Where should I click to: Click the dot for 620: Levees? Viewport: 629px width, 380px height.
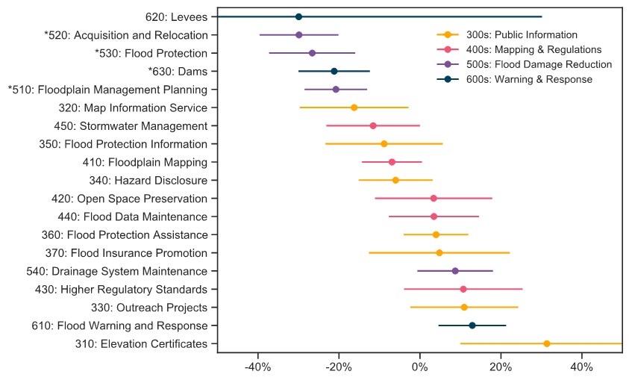298,17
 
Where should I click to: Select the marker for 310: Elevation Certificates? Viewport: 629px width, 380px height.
546,344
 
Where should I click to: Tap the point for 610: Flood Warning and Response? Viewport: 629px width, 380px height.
472,326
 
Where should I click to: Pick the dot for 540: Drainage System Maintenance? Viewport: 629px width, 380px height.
455,271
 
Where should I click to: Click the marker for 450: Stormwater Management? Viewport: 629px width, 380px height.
373,126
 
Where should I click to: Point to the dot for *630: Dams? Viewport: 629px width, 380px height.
334,72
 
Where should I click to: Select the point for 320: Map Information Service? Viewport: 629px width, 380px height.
354,108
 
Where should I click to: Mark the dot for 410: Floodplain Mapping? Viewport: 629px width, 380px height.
392,162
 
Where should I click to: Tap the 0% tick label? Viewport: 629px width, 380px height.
419,367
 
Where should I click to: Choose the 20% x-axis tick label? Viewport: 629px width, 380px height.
501,367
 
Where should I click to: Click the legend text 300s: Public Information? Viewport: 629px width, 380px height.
522,35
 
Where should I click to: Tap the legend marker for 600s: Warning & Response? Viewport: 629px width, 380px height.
448,79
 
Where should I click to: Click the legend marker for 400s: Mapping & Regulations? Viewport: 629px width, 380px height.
448,50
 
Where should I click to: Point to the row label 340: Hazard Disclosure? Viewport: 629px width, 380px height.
148,181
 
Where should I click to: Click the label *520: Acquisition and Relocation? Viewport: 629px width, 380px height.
126,35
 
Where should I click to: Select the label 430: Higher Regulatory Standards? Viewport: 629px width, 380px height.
121,290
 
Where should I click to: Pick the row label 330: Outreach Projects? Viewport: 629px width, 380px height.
149,308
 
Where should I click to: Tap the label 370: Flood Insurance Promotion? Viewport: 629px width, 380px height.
126,253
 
